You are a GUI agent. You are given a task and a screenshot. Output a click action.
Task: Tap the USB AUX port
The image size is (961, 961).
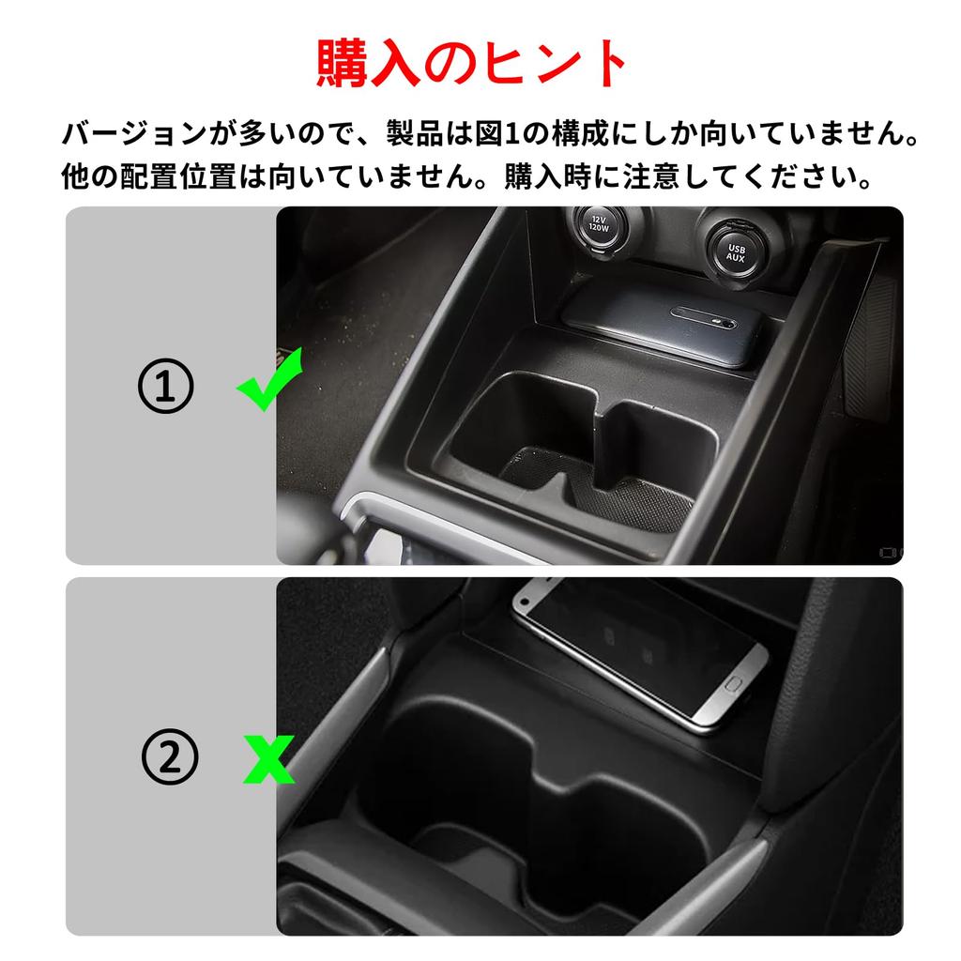[x=735, y=249]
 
